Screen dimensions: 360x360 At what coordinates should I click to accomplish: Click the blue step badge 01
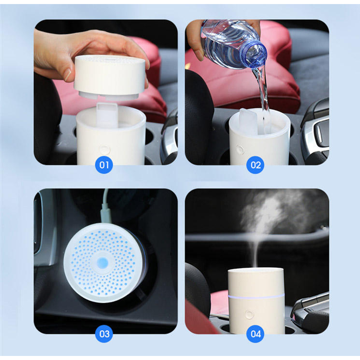coord(104,165)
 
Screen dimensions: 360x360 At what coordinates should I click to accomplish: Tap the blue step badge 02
coord(255,165)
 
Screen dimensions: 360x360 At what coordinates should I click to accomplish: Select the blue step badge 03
coord(104,333)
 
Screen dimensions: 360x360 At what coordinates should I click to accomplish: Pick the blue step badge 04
coord(255,333)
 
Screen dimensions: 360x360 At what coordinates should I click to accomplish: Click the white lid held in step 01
coord(110,77)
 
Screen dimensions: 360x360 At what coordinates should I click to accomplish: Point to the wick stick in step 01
coord(107,115)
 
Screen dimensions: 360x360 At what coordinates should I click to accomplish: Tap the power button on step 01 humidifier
coord(104,149)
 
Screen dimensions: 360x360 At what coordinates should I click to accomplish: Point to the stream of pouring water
coord(263,99)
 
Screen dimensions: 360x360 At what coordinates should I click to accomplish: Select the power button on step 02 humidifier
coord(240,149)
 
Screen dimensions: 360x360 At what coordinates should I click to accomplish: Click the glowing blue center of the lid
coord(103,262)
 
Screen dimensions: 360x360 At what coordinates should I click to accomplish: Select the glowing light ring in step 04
coord(256,296)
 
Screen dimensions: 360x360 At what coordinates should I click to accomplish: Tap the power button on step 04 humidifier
coord(249,314)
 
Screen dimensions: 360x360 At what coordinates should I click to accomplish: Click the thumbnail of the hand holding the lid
coord(106,92)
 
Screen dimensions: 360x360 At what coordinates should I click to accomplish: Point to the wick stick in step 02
coord(247,121)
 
